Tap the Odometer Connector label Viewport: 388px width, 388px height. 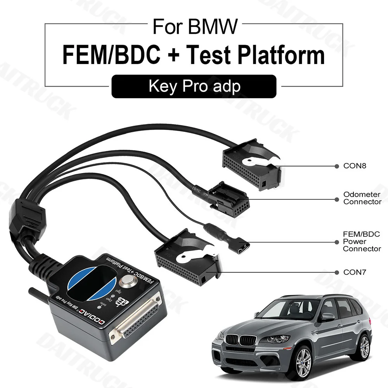pos(362,198)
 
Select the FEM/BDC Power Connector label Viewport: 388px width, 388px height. pos(361,241)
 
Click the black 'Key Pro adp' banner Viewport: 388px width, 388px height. pos(194,86)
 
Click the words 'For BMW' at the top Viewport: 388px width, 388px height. pos(194,27)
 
